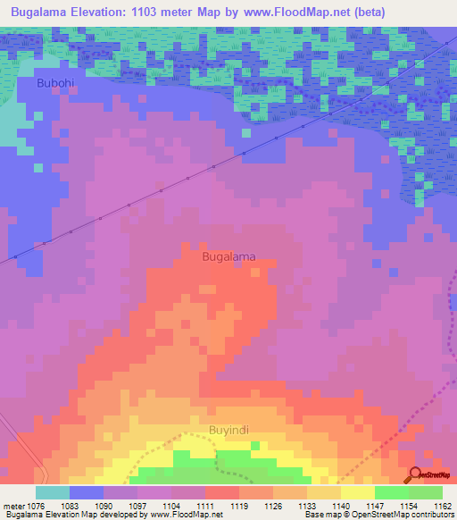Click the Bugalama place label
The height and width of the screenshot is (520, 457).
228,256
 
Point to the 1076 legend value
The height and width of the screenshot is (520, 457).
36,506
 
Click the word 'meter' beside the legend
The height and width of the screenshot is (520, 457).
13,506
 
